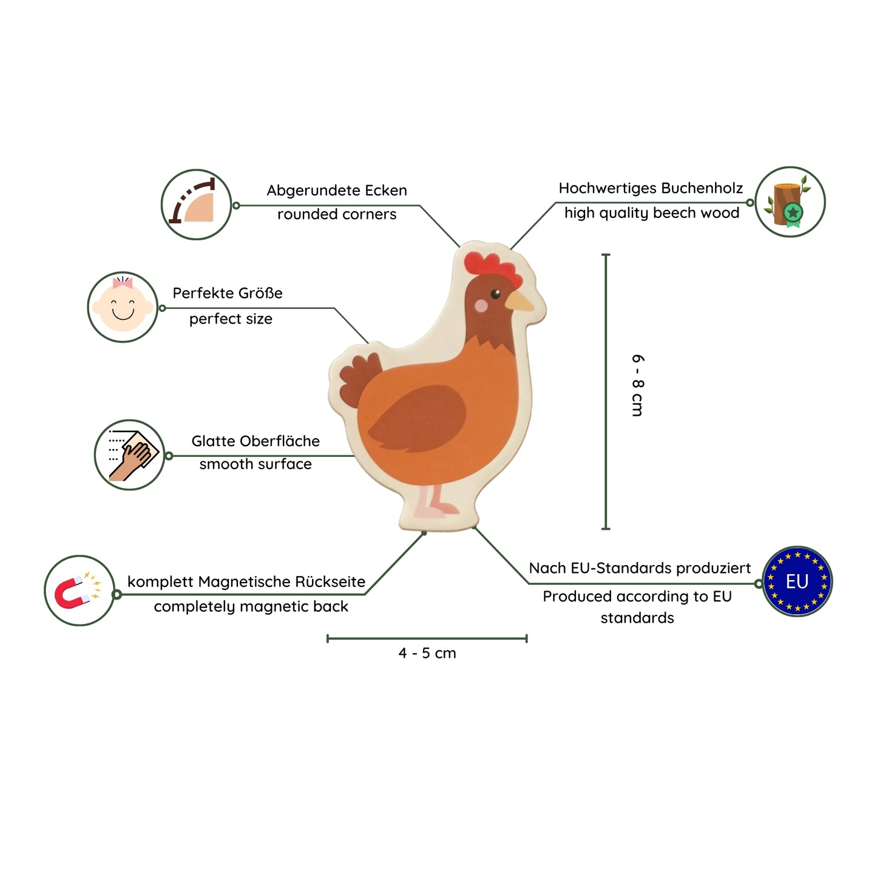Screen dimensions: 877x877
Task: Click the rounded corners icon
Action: (196, 205)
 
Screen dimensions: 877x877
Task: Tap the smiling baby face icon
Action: (123, 307)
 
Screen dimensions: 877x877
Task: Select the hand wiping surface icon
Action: (130, 455)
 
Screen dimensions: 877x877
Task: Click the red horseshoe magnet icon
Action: (79, 591)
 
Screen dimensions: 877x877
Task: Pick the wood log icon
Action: (790, 202)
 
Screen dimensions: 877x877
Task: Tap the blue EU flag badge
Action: (797, 581)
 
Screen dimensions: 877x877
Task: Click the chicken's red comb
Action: (492, 267)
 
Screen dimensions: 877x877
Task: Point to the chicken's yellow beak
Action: (520, 301)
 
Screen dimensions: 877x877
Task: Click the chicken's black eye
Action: (495, 294)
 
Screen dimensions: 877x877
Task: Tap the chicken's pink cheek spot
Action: (481, 305)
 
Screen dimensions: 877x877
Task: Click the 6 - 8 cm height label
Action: (637, 385)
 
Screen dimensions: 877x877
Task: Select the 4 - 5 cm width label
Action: (427, 653)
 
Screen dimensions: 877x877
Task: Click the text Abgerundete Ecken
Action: (337, 191)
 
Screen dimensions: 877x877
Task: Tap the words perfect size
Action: (231, 319)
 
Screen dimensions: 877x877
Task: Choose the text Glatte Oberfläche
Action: (256, 441)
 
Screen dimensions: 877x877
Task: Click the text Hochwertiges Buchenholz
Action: (651, 188)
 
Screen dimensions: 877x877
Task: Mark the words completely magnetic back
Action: (251, 606)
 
